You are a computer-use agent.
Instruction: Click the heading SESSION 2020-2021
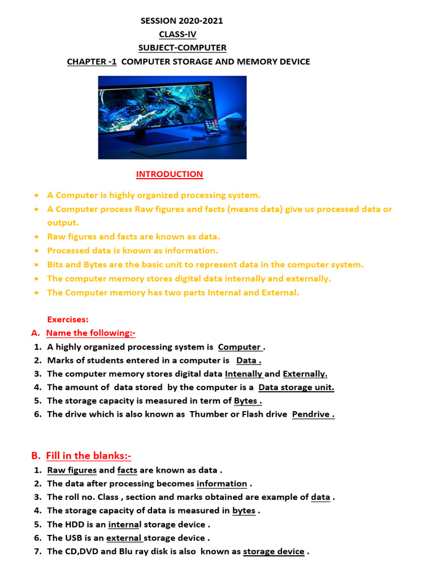[x=181, y=21]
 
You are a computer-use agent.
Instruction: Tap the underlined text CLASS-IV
[x=177, y=34]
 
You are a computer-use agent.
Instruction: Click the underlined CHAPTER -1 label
[x=92, y=62]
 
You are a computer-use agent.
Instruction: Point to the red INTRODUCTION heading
[x=170, y=174]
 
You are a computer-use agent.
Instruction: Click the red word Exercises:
[x=67, y=319]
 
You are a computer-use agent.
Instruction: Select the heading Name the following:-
[x=90, y=333]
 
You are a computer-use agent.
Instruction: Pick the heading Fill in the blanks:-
[x=89, y=456]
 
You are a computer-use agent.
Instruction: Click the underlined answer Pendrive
[x=313, y=414]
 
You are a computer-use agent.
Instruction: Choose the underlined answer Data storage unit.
[x=296, y=387]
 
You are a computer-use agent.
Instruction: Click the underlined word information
[x=222, y=483]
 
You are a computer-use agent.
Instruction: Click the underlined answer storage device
[x=274, y=551]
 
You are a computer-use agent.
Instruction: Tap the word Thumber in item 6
[x=208, y=414]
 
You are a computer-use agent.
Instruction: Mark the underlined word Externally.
[x=305, y=374]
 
